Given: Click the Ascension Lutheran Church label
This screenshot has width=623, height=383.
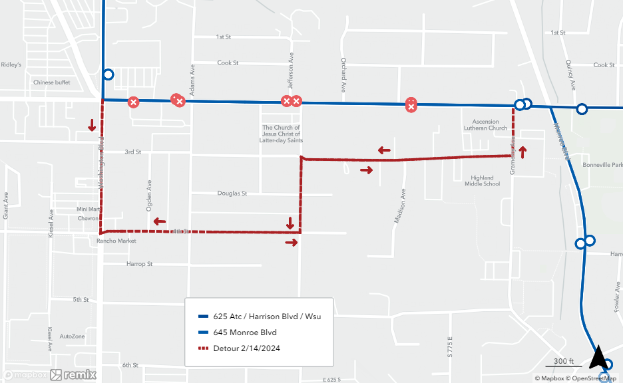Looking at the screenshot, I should point(489,125).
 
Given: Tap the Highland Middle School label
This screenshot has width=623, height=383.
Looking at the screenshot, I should point(482,181).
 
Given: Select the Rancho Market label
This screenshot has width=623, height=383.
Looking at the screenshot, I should point(118,241).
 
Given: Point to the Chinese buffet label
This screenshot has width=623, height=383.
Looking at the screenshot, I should point(51,82).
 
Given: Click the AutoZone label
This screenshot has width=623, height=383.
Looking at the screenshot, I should point(72,336).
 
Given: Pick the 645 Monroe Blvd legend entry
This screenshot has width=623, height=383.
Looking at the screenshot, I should point(244,332).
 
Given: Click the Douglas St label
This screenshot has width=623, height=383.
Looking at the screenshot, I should point(232,193).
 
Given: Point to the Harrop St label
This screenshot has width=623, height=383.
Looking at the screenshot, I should point(139,264).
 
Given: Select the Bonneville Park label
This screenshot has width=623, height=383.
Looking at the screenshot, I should point(601,164).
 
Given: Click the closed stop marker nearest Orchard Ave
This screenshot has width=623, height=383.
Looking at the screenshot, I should point(411,104).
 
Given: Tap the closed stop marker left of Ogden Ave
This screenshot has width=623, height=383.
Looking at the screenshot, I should point(134,102).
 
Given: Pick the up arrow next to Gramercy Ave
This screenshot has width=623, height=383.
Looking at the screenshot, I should point(522,152).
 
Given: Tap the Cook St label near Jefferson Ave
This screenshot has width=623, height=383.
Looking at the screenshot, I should point(228,63).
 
